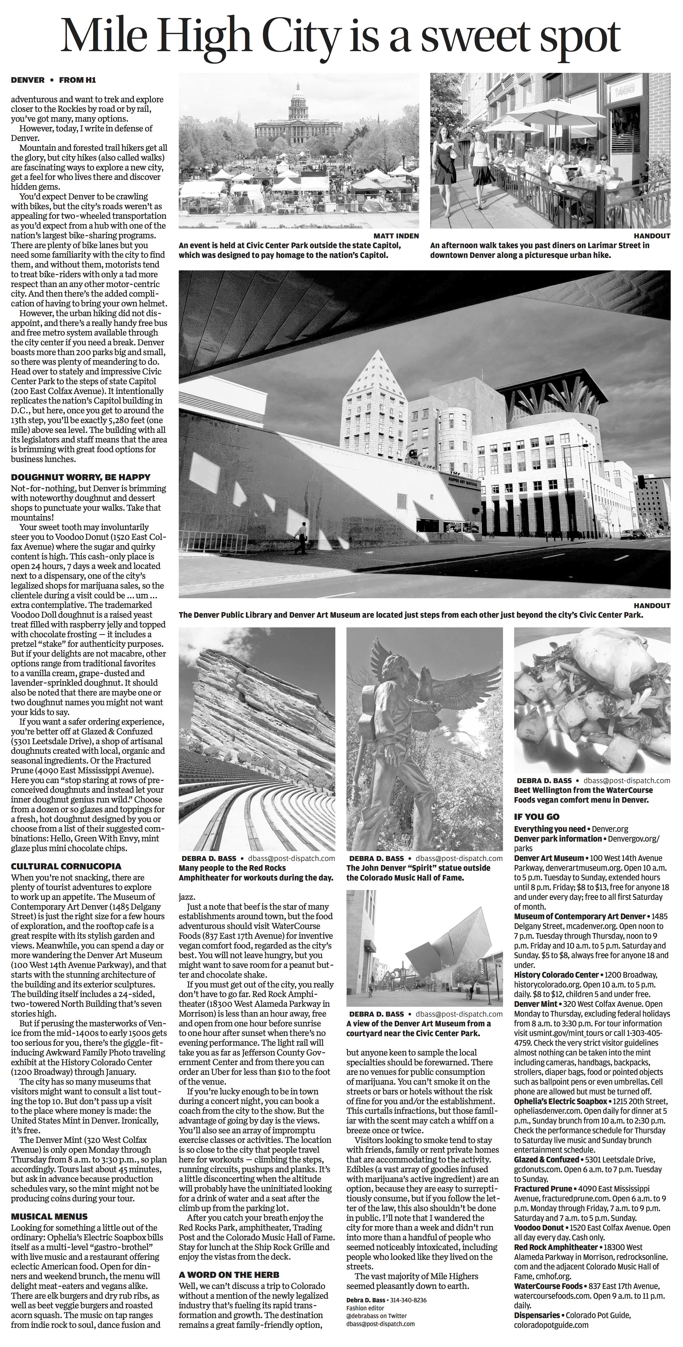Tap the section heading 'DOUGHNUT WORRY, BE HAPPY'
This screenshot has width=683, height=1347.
(x=80, y=477)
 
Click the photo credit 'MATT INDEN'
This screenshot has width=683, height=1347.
(x=396, y=236)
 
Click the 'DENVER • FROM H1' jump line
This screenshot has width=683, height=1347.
(x=53, y=80)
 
